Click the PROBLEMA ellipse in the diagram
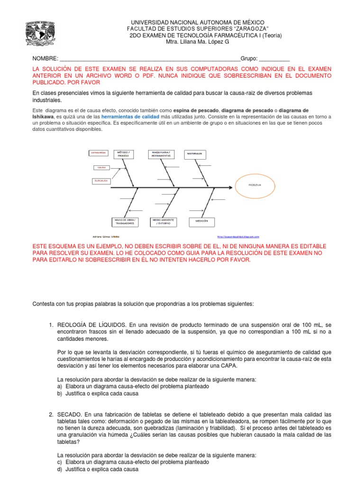(255, 186)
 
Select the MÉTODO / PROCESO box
(123, 154)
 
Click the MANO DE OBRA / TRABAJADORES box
(125, 221)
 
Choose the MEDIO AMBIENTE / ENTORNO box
(163, 221)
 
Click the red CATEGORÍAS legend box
(99, 153)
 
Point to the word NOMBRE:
(45, 59)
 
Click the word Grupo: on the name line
(249, 59)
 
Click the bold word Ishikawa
(45, 116)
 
